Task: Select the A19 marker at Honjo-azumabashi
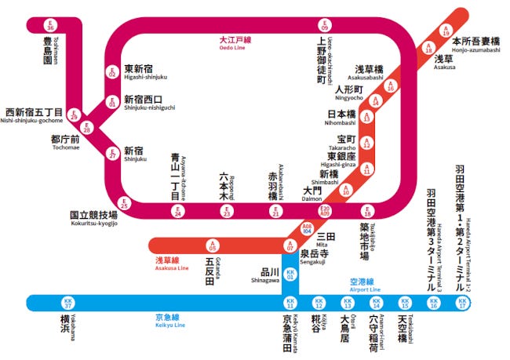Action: tap(446, 32)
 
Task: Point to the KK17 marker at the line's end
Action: tap(463, 303)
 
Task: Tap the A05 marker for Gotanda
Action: tap(212, 246)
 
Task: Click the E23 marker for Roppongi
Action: tap(227, 210)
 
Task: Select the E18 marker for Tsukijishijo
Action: tap(366, 210)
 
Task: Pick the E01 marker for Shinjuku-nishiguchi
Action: tap(112, 102)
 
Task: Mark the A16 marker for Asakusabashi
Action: tap(390, 87)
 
